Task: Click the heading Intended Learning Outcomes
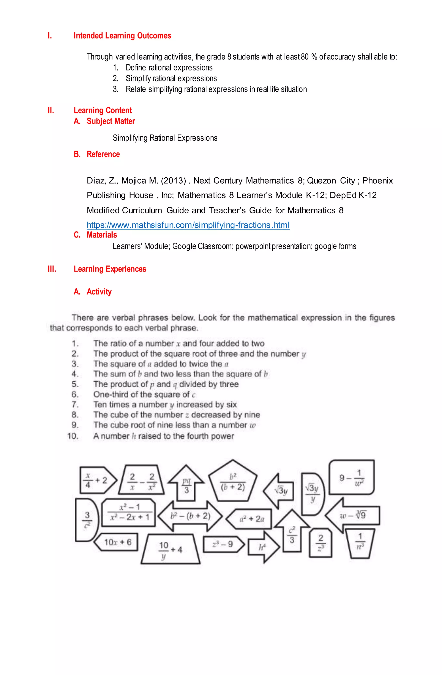(x=122, y=36)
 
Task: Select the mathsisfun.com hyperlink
(x=188, y=225)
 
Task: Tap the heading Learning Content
(x=103, y=110)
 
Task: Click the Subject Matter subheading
(x=110, y=121)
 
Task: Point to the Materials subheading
(x=102, y=235)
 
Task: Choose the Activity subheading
(x=99, y=292)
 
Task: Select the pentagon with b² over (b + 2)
(x=233, y=482)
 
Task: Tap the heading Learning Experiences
(x=110, y=269)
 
